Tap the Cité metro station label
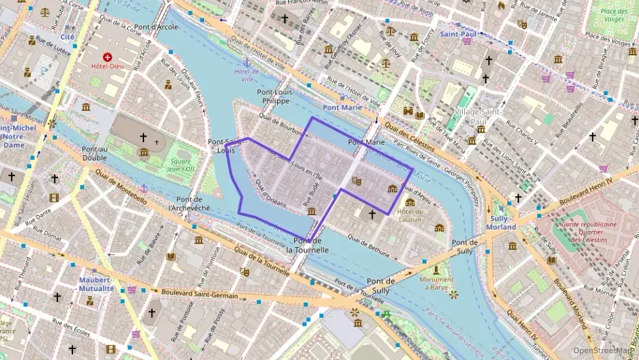coord(68,37)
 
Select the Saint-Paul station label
coord(457,33)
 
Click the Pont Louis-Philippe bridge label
coord(273,96)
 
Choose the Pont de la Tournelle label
coord(307,246)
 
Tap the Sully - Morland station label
coord(501,222)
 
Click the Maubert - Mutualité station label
coord(96,283)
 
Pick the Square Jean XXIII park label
coord(180,165)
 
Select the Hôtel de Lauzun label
coord(410,216)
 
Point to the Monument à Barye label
coord(436,283)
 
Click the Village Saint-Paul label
coord(479,116)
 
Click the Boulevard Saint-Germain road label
coord(199,295)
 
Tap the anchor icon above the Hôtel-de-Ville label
coord(247,62)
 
